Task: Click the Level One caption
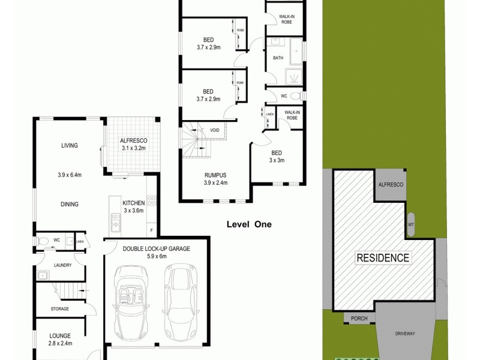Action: click(249, 224)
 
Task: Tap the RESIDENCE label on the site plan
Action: click(383, 258)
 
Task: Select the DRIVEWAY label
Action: click(405, 333)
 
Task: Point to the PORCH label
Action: click(359, 319)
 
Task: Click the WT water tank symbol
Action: click(411, 224)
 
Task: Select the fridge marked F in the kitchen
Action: click(152, 230)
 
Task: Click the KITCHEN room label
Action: click(134, 203)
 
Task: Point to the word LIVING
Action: click(70, 145)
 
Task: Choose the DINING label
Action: click(70, 204)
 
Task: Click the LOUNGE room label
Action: click(60, 336)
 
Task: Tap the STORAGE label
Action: click(59, 309)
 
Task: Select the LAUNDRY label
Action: click(63, 265)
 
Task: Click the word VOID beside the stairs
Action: click(214, 130)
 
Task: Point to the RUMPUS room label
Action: click(215, 175)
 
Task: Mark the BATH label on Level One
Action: click(278, 58)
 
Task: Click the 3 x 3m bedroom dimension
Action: click(277, 160)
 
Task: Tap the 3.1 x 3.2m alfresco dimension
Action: click(134, 148)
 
